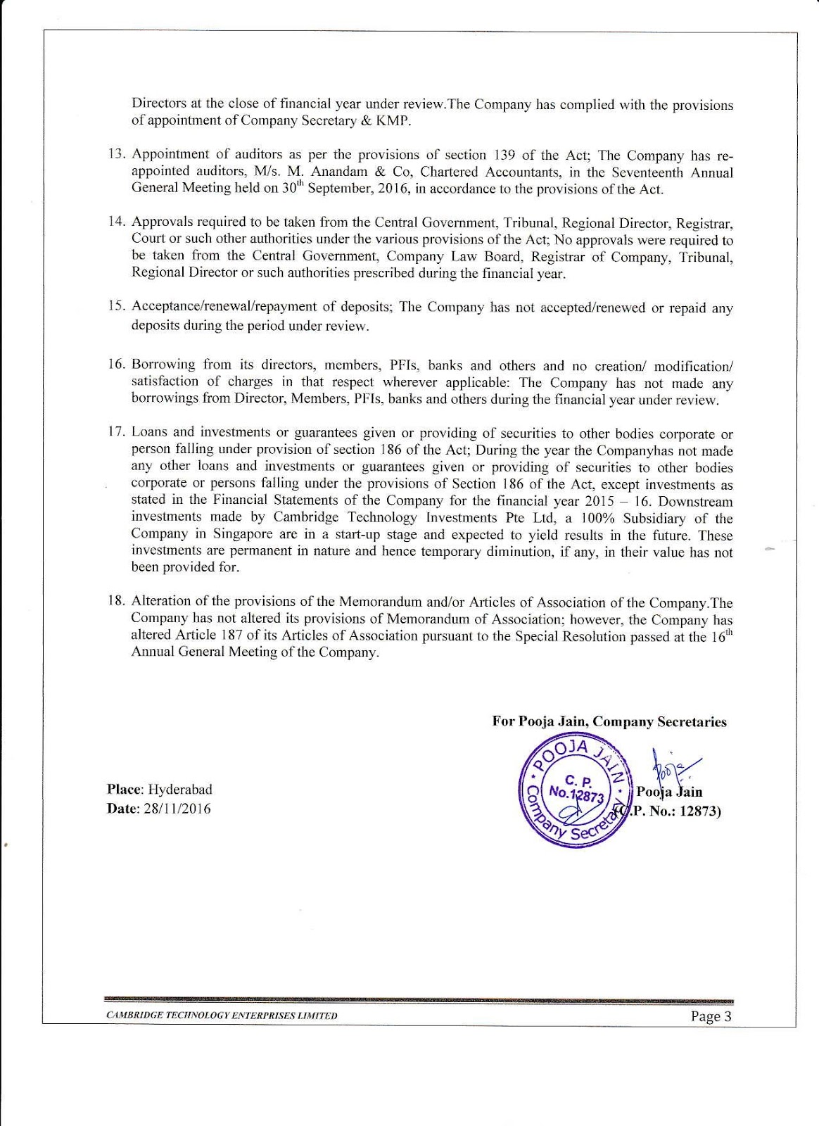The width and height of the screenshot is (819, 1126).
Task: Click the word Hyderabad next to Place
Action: pos(179,790)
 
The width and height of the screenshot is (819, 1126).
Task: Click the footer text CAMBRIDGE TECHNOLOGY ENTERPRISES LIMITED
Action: pos(222,1016)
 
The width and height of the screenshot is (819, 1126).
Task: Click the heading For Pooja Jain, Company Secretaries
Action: pos(609,721)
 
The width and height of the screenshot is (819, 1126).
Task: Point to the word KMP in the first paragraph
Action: pos(393,120)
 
